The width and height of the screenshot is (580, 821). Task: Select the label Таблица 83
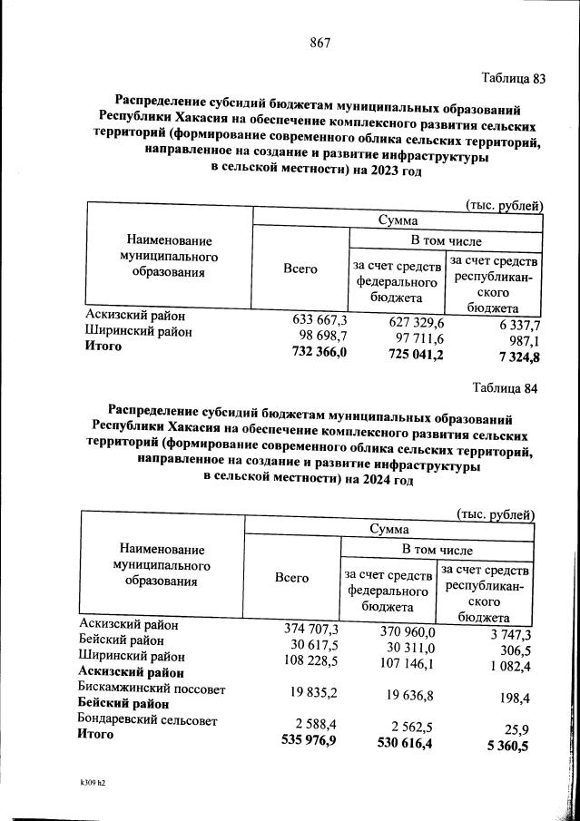coord(513,78)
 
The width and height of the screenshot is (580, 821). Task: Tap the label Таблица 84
coord(506,389)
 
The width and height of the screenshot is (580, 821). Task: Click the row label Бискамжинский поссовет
coord(152,689)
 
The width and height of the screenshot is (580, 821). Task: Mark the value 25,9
coord(521,729)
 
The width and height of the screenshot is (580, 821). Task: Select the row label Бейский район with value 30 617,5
coord(116,640)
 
